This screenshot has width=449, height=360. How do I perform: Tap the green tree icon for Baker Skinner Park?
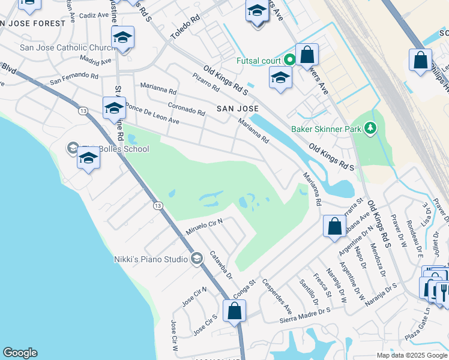371,128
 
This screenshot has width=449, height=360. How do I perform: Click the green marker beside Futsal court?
289,59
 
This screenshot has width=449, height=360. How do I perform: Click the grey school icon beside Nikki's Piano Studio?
196,259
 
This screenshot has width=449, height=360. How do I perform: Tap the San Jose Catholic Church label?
66,47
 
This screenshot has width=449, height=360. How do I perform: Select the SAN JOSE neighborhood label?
238,109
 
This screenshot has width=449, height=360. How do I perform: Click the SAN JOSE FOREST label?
32,23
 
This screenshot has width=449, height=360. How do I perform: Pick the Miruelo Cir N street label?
204,226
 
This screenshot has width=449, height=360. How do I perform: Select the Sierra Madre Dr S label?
306,313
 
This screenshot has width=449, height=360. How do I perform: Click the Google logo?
20,353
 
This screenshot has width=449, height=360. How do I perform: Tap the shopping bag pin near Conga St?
234,311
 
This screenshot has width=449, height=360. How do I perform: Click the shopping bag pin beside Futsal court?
307,55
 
